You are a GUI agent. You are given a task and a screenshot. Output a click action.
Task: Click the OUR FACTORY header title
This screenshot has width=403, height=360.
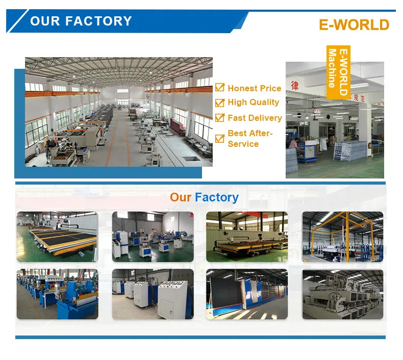[x=81, y=21]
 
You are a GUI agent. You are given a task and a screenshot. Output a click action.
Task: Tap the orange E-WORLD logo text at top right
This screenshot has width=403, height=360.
[x=354, y=24]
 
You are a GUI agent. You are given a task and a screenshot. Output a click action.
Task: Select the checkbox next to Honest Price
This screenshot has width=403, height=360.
[x=220, y=88]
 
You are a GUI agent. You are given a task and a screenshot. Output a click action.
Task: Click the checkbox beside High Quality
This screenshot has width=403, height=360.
[x=220, y=102]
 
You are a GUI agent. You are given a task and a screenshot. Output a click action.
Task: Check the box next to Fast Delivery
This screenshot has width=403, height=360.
[x=220, y=118]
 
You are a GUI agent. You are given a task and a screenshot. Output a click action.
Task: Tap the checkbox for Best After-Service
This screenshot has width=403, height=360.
[x=220, y=138]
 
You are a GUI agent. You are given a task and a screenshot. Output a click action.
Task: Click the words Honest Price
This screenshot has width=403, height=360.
[x=254, y=88]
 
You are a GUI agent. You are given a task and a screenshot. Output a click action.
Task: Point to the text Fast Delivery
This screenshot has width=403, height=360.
[x=255, y=118]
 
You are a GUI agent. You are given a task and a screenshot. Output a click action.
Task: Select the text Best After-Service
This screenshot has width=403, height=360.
[x=250, y=139]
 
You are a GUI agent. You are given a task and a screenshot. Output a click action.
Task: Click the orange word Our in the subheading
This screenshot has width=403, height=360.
[x=181, y=197]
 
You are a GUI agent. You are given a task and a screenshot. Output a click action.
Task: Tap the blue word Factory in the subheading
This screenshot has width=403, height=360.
[x=217, y=197]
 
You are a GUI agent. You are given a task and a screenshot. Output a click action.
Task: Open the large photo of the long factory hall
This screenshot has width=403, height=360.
[x=118, y=112]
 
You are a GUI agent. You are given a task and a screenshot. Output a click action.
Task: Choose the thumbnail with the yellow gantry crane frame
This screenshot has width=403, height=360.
[x=342, y=237]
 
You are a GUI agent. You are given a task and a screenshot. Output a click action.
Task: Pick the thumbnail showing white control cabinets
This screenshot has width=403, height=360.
[x=153, y=294]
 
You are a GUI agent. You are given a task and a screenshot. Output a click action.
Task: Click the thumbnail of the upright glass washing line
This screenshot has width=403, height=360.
[x=246, y=294]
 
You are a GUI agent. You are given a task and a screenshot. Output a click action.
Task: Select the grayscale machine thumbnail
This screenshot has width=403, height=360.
[x=342, y=294]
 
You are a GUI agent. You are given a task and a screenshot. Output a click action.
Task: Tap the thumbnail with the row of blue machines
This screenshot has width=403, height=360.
[x=57, y=294]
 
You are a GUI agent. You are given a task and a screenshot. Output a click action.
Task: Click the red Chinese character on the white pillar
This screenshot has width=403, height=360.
[x=294, y=84]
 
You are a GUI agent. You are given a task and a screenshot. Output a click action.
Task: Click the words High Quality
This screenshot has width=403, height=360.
[x=253, y=102]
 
